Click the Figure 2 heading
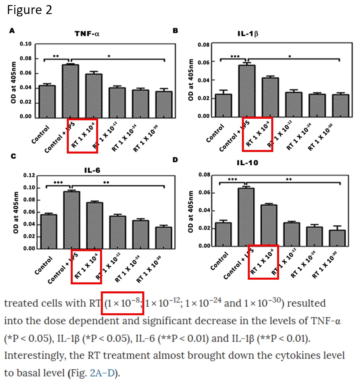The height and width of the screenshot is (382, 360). point(29,10)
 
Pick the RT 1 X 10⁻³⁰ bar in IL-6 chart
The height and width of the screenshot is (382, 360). point(163,237)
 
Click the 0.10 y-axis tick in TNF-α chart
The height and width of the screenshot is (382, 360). point(26,44)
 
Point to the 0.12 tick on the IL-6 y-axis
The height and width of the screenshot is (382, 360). point(29,176)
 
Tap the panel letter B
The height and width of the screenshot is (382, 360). point(176,30)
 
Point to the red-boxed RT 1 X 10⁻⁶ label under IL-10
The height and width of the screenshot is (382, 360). point(263,262)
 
